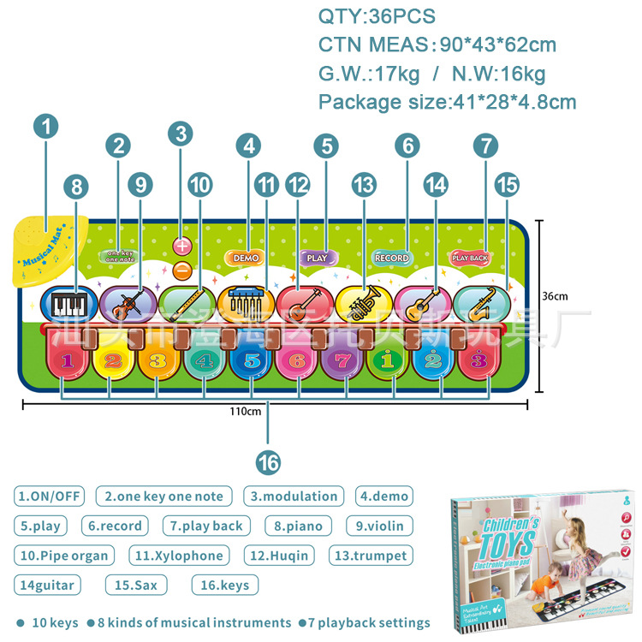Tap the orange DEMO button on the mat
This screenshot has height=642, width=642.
pos(245,258)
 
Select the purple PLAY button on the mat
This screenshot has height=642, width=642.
pos(317,257)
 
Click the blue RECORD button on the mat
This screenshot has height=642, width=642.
pos(392,258)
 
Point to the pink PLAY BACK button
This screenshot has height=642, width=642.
pos(470,257)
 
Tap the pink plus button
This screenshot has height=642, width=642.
pos(181,246)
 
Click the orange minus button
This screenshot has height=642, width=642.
pos(181,270)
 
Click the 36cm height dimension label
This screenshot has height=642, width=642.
pos(555,296)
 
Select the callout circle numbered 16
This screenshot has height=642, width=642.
pos(268,462)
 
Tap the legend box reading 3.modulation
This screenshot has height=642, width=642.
pos(294,496)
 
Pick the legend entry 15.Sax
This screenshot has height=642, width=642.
pos(136,586)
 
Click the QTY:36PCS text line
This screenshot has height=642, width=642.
pos(377,16)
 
